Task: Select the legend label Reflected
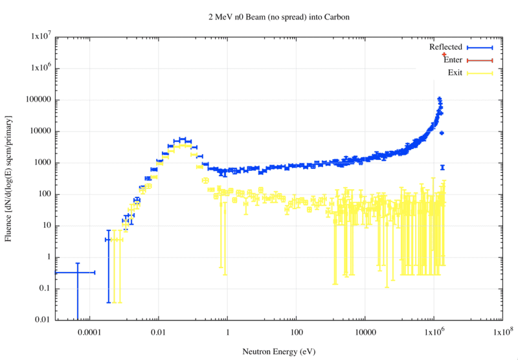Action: (445, 47)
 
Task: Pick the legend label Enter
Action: (453, 60)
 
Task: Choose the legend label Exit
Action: (455, 73)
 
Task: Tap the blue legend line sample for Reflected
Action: (479, 48)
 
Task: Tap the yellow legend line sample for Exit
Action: (479, 73)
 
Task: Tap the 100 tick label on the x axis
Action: (296, 332)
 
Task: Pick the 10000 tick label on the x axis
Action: (365, 332)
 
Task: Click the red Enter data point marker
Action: (444, 55)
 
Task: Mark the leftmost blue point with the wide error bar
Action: (77, 273)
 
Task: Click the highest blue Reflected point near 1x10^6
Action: (440, 100)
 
